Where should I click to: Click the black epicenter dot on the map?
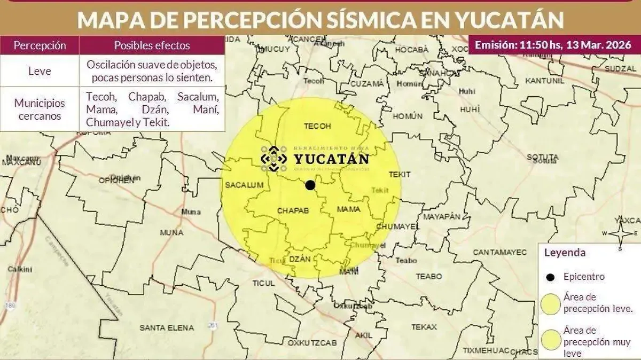pyautogui.click(x=310, y=185)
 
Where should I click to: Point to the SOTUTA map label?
pyautogui.click(x=543, y=158)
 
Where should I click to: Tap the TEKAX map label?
pyautogui.click(x=424, y=327)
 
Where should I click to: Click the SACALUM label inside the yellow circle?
pyautogui.click(x=245, y=185)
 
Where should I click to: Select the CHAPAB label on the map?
pyautogui.click(x=293, y=211)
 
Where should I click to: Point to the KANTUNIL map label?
pyautogui.click(x=545, y=81)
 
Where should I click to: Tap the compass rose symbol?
pyautogui.click(x=620, y=233)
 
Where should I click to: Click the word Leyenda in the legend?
pyautogui.click(x=564, y=253)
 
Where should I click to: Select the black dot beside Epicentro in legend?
pyautogui.click(x=550, y=277)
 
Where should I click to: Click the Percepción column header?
pyautogui.click(x=40, y=45)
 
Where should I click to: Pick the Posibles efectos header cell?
pyautogui.click(x=152, y=45)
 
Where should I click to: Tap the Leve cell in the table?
pyautogui.click(x=40, y=71)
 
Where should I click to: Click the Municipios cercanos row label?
pyautogui.click(x=40, y=109)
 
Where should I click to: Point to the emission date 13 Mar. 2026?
pyautogui.click(x=599, y=45)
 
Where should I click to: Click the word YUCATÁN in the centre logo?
pyautogui.click(x=331, y=159)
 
